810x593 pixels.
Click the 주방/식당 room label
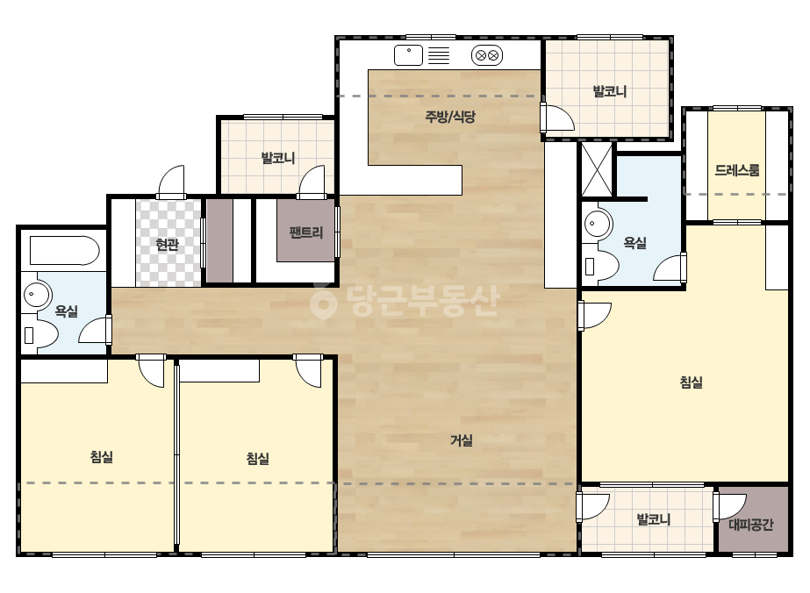(x=449, y=117)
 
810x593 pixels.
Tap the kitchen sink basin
(x=408, y=55)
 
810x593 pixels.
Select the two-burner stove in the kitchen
(x=487, y=55)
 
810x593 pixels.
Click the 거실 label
(x=462, y=440)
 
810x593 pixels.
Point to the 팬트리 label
(x=305, y=232)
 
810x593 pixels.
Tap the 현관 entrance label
(x=167, y=245)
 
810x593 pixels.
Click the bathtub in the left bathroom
(x=65, y=251)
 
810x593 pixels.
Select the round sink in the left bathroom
(x=36, y=295)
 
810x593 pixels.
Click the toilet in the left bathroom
(x=39, y=335)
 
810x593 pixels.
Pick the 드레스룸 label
(x=736, y=170)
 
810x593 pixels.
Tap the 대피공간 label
(x=750, y=525)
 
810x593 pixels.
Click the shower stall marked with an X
(x=597, y=170)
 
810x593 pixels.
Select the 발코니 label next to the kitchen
(x=610, y=92)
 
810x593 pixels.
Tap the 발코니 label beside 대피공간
(x=654, y=519)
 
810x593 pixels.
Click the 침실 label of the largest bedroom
(x=691, y=382)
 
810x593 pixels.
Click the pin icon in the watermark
(x=323, y=301)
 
